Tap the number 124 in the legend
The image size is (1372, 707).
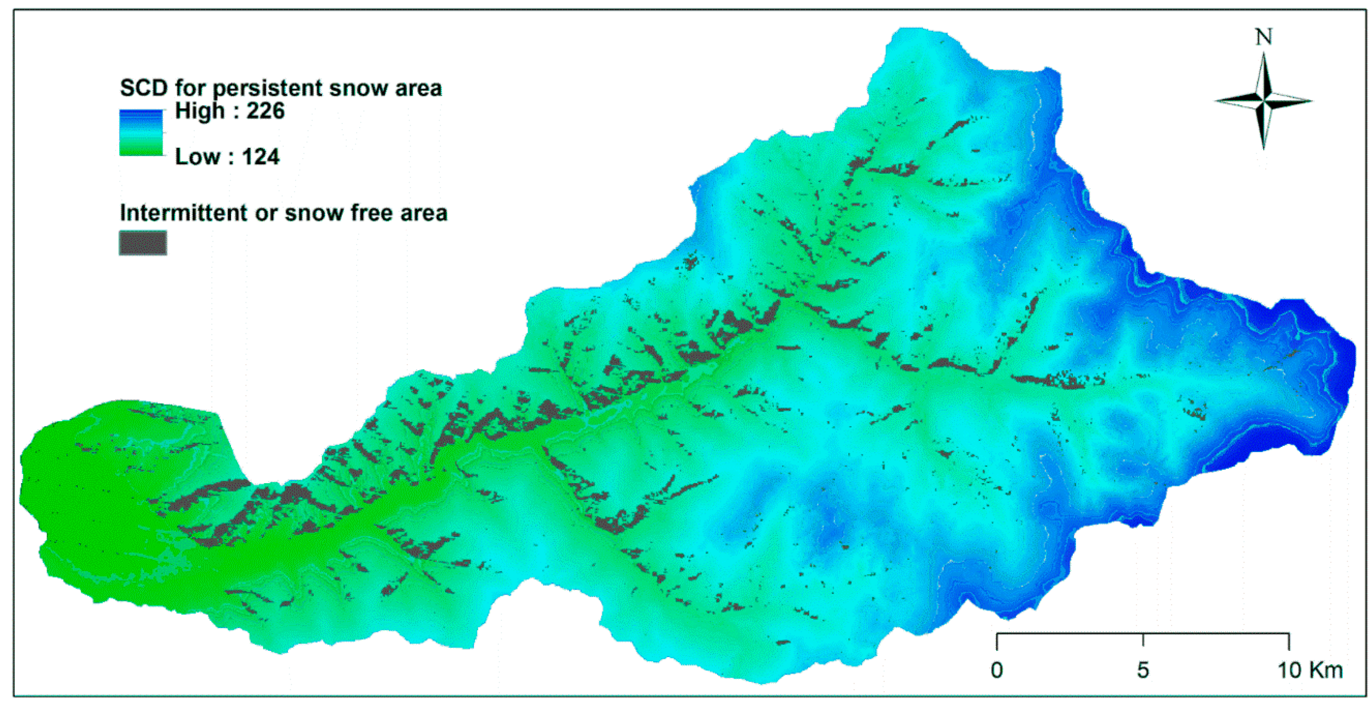tap(261, 157)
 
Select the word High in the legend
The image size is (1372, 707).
tap(200, 111)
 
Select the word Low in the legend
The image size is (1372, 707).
tap(197, 157)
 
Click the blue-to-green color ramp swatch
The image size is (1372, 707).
tap(141, 133)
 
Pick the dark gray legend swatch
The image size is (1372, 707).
tap(143, 243)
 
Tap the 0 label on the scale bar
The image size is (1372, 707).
tap(997, 670)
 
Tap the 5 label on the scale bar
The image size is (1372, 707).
tap(1143, 670)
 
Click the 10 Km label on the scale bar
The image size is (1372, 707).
tap(1310, 670)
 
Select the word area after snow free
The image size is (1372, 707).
tap(424, 212)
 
